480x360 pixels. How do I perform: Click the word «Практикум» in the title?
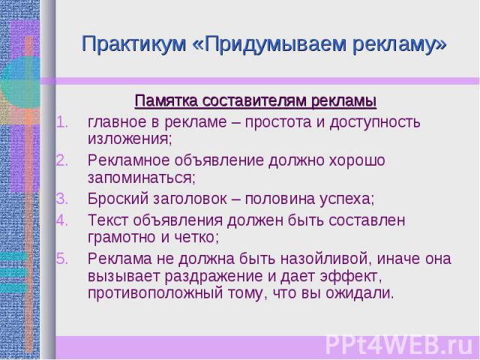click(x=134, y=44)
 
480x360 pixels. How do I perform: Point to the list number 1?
click(x=61, y=122)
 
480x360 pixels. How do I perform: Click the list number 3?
click(x=61, y=199)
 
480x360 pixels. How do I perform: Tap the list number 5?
click(x=61, y=259)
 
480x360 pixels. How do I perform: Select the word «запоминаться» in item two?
click(x=142, y=178)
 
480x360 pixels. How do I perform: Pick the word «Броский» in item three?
click(x=118, y=199)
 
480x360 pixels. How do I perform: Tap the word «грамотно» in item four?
click(x=121, y=237)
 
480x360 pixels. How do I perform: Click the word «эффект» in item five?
click(x=351, y=276)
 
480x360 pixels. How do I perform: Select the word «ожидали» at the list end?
click(x=359, y=293)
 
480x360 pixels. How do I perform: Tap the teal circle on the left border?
click(x=20, y=82)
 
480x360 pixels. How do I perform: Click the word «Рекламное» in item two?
click(x=129, y=160)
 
